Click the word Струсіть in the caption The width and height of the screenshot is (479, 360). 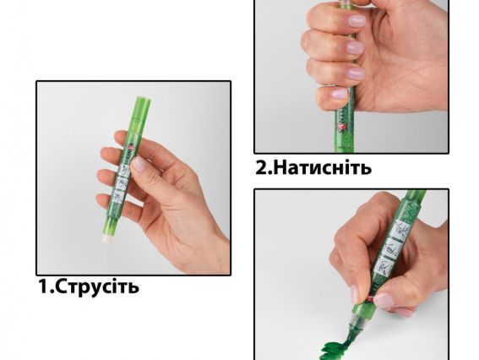tap(97, 286)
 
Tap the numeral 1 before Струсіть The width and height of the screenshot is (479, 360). tap(42, 286)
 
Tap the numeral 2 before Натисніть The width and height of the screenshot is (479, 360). tap(261, 168)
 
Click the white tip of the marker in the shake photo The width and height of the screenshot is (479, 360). tap(106, 238)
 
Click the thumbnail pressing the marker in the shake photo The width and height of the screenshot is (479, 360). tap(138, 164)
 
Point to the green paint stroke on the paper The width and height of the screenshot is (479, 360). tap(333, 348)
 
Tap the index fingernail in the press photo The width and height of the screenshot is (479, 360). tap(357, 21)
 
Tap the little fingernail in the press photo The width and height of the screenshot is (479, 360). tap(340, 93)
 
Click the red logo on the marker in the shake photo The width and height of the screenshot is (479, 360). tap(130, 149)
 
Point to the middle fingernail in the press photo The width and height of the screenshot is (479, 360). tap(356, 47)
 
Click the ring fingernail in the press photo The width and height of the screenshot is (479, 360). tap(357, 74)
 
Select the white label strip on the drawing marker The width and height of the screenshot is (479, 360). tap(392, 248)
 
